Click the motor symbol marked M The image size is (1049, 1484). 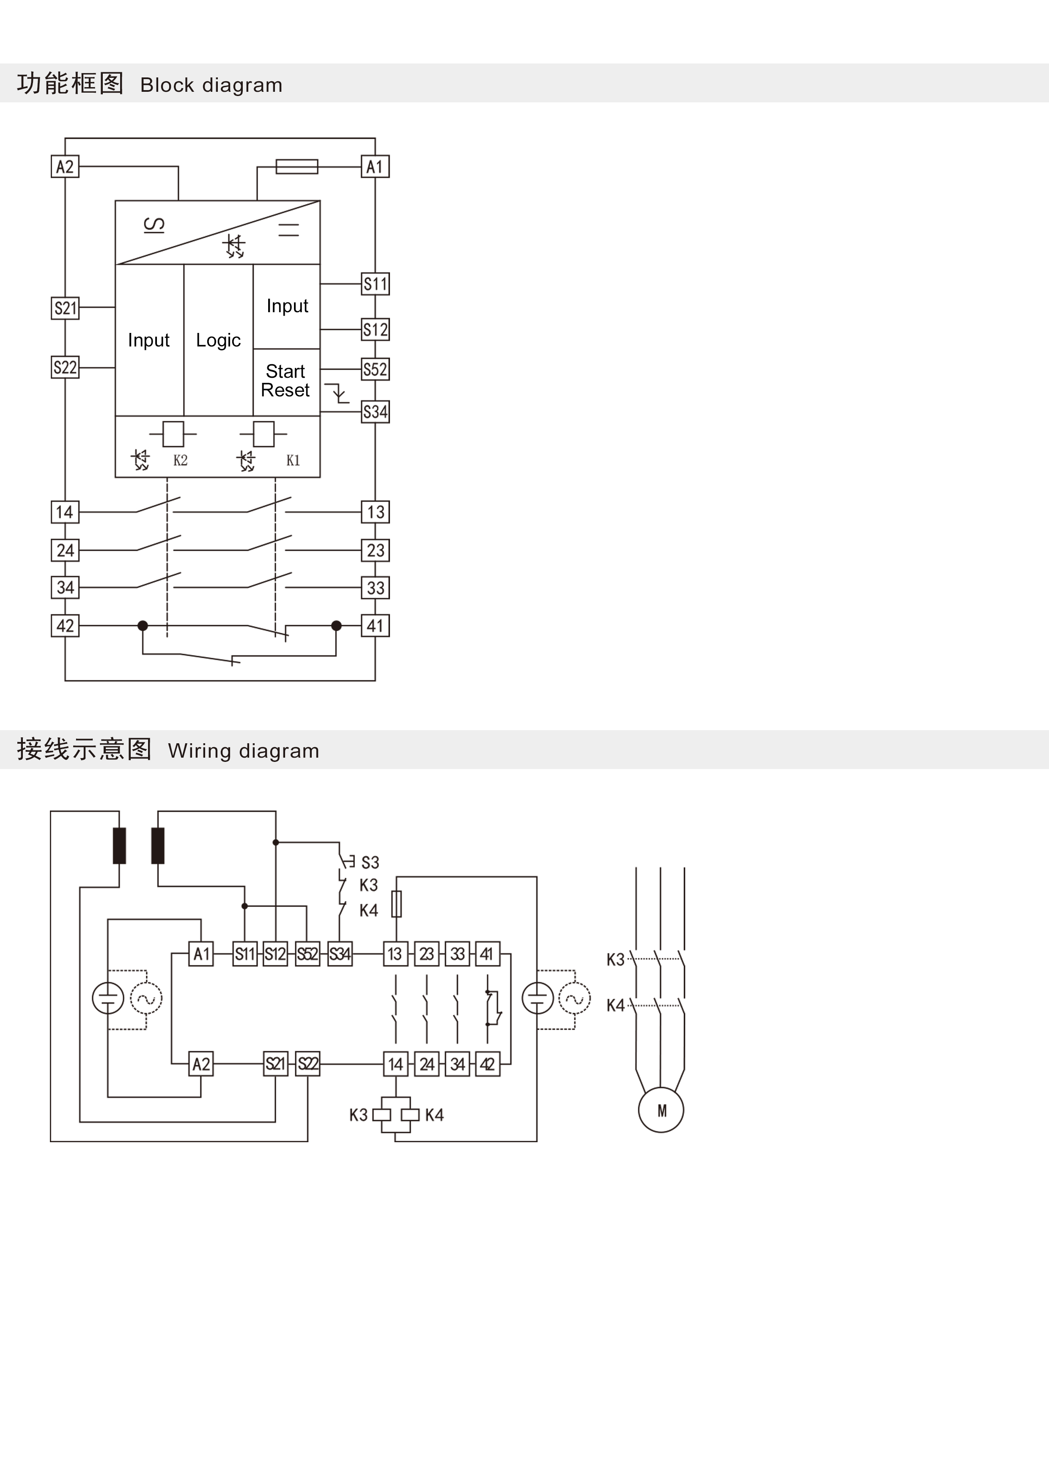click(661, 1110)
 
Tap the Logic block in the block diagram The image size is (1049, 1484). click(218, 340)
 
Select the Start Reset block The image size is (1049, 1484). click(286, 381)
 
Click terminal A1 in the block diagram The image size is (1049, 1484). click(375, 167)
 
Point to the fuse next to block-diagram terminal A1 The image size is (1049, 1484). click(297, 167)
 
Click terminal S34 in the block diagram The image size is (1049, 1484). click(375, 412)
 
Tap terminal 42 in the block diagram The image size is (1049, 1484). click(65, 626)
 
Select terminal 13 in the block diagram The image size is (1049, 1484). click(375, 512)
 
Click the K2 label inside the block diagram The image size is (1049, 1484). click(180, 460)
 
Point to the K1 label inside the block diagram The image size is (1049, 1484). click(293, 460)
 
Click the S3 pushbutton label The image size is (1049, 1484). click(370, 862)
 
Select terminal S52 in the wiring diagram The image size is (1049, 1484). click(307, 954)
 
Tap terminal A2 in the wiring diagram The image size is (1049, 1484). click(201, 1064)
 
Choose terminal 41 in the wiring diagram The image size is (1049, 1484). click(487, 954)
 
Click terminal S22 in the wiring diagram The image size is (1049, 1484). click(308, 1064)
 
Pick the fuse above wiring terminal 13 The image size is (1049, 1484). click(396, 904)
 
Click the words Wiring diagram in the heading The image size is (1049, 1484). click(243, 750)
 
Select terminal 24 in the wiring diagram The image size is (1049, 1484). click(427, 1064)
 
